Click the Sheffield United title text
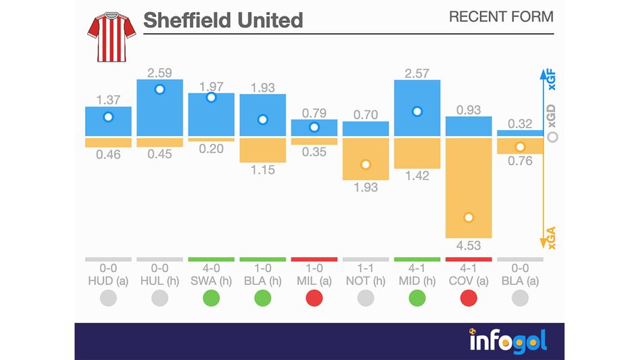(223, 20)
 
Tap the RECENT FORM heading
(500, 17)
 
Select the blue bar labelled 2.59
(160, 108)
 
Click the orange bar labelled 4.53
(469, 188)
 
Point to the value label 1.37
(108, 99)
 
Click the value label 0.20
(211, 149)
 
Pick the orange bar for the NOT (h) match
(366, 158)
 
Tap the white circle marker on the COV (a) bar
(469, 218)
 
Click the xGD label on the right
(552, 121)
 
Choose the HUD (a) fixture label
(108, 281)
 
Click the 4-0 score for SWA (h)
(211, 269)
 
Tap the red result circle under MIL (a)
(314, 298)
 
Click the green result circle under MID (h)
(417, 298)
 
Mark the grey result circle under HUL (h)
(160, 298)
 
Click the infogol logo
(508, 340)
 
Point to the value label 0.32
(520, 124)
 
